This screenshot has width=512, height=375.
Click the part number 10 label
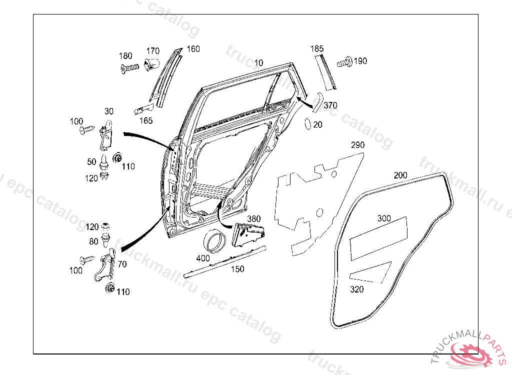point(258,63)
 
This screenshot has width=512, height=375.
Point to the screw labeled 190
point(343,63)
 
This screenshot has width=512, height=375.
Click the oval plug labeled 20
point(308,123)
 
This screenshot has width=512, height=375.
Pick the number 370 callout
point(330,105)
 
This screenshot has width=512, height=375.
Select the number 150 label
point(237,269)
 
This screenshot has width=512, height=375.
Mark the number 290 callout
point(357,145)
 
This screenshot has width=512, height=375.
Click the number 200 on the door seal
point(400,175)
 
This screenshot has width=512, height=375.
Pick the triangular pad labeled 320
point(372,271)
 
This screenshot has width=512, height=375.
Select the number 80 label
point(93,242)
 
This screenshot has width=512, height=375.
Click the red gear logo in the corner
point(471,352)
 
